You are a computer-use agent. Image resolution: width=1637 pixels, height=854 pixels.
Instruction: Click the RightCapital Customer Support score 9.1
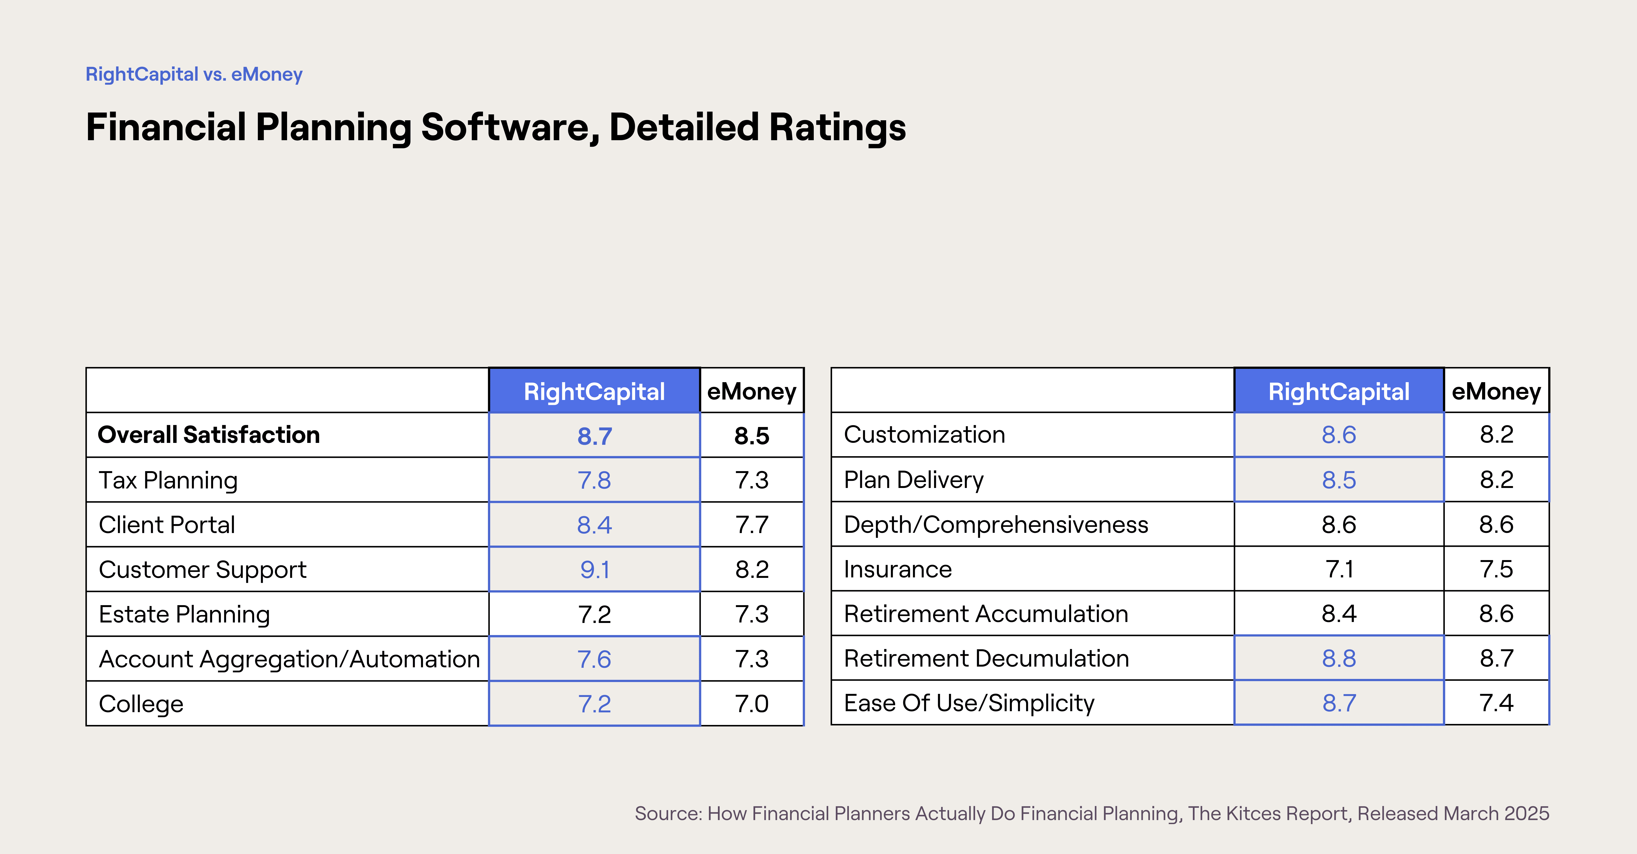pos(594,569)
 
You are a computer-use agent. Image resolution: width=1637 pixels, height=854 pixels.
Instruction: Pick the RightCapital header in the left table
pos(594,391)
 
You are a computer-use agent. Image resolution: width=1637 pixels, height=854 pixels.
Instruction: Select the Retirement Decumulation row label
pos(986,658)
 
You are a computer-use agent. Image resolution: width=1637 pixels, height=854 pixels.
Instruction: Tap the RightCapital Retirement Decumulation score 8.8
pos(1339,658)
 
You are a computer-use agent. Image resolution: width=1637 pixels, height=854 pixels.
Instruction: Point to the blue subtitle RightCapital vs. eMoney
pos(194,74)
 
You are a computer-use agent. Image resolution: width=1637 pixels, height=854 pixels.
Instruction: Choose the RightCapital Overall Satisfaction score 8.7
pos(594,436)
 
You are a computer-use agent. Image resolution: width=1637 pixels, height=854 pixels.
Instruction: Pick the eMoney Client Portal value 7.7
pos(752,525)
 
